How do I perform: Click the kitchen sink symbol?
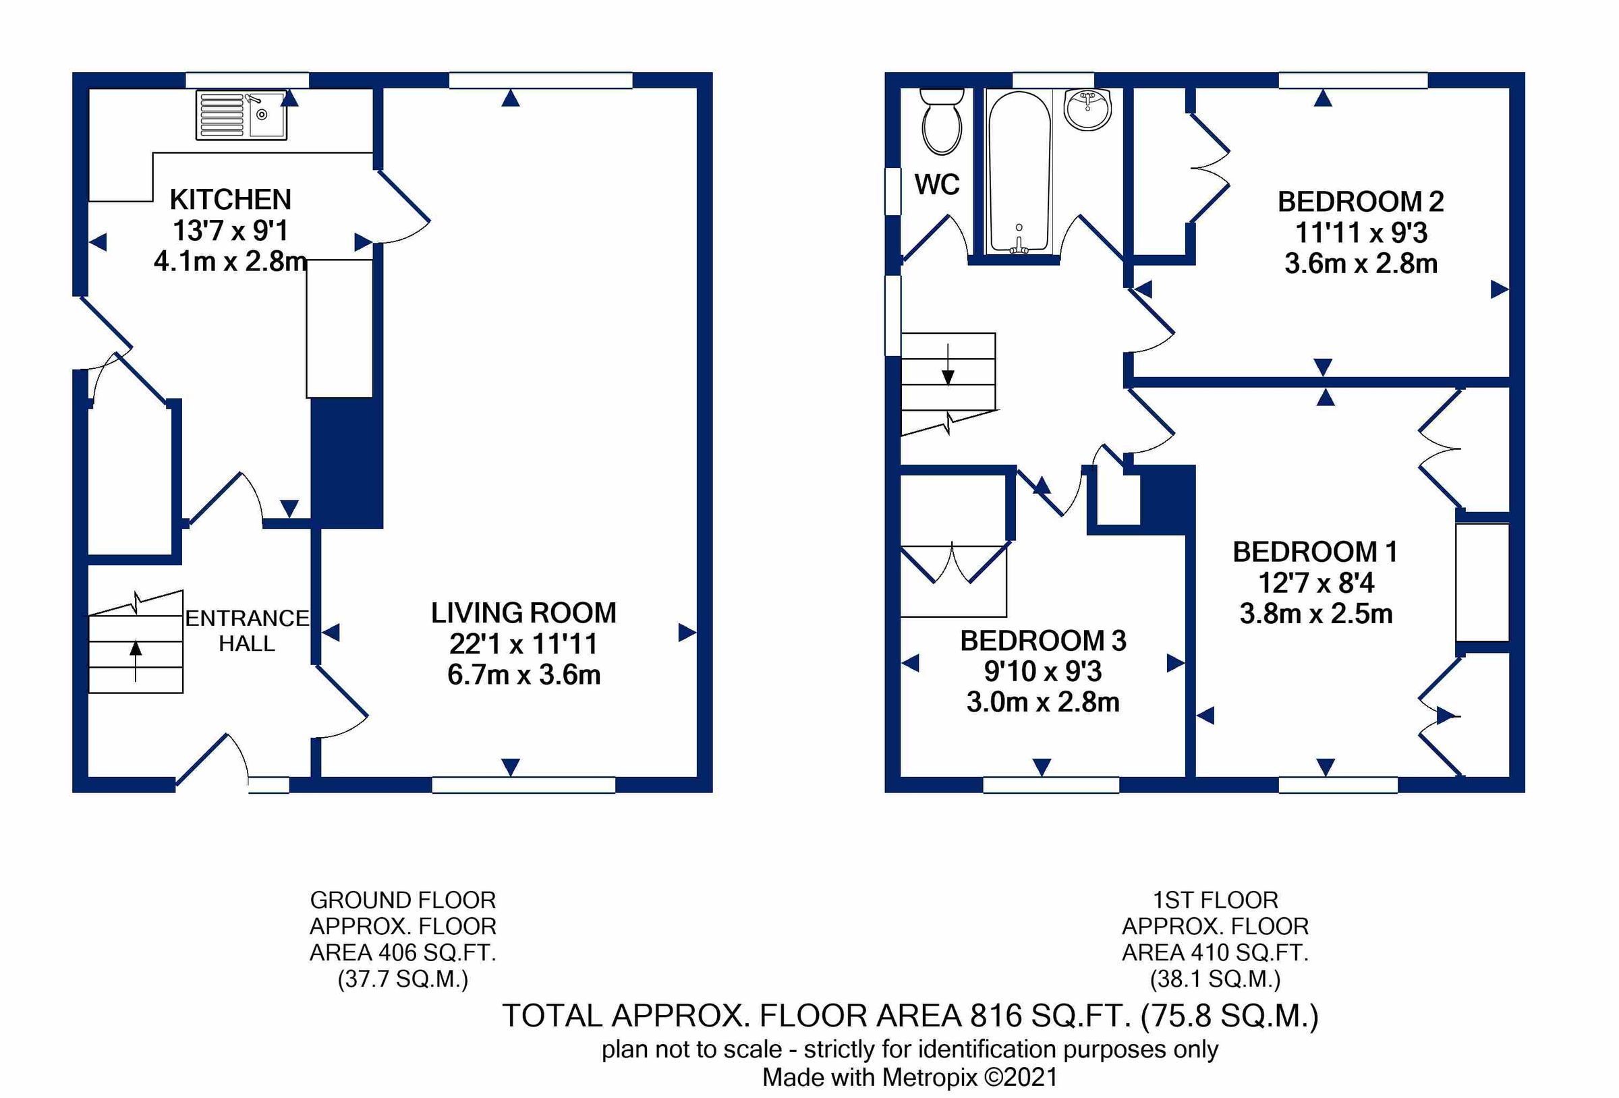tap(241, 115)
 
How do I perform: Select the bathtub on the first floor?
tap(1019, 173)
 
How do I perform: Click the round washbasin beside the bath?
tap(1087, 110)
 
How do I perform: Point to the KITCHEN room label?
tap(231, 200)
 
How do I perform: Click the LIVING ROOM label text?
tap(524, 613)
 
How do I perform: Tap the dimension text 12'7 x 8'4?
tap(1316, 583)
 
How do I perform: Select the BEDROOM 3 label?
tap(1043, 641)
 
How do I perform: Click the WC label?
tap(937, 185)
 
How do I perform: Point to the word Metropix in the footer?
tap(930, 1077)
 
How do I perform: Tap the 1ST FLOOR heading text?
tap(1215, 900)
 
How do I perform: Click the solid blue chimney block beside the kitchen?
tap(346, 463)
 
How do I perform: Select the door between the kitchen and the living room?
tap(403, 207)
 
